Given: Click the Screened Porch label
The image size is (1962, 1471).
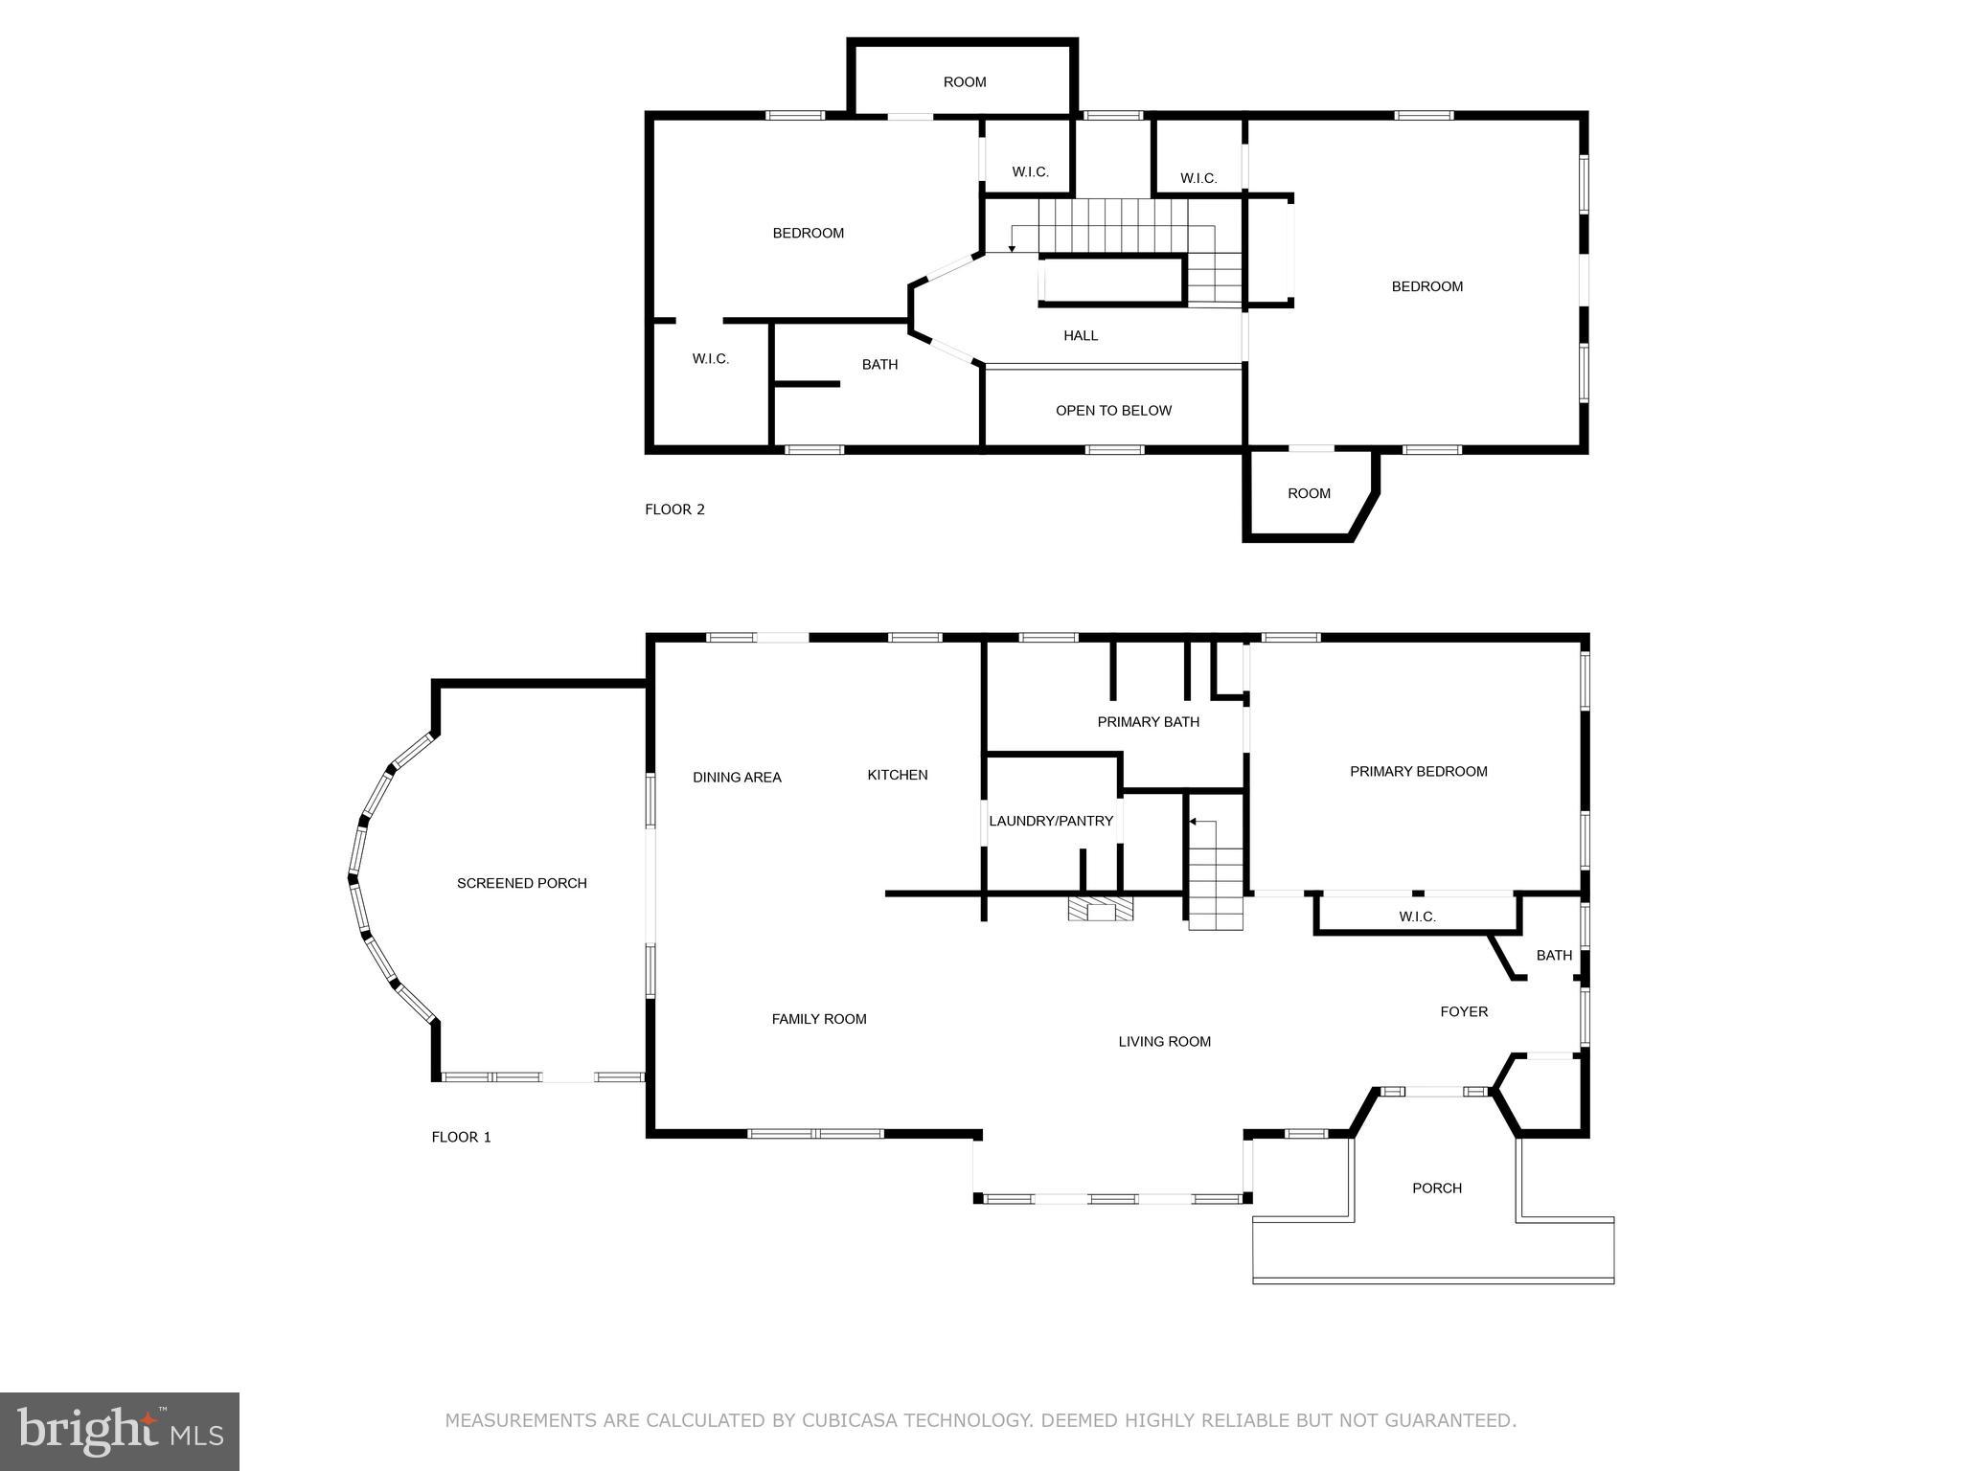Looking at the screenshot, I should click(x=521, y=883).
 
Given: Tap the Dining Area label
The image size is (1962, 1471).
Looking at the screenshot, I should click(x=737, y=778).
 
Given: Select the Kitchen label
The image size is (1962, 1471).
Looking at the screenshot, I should click(x=897, y=775).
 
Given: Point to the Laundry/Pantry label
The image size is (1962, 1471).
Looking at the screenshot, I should click(x=1051, y=821).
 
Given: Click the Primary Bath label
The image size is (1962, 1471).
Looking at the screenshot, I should click(x=1148, y=722).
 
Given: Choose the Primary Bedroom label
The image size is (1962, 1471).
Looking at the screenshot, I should click(x=1418, y=772).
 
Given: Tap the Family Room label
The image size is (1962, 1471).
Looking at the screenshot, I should click(x=819, y=1019).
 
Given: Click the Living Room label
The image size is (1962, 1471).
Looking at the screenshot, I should click(x=1164, y=1042).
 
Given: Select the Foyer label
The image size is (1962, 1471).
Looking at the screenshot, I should click(x=1464, y=1011).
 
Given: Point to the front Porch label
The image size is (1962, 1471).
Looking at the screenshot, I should click(x=1437, y=1188).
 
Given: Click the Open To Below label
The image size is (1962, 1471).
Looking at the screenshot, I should click(x=1113, y=411).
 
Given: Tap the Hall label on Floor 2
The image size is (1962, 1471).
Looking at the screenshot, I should click(x=1081, y=336).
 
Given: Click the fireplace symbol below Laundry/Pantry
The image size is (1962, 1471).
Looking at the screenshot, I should click(x=1101, y=908).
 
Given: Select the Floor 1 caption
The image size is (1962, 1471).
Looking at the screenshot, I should click(x=461, y=1138).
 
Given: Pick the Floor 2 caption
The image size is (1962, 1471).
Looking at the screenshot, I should click(x=674, y=509).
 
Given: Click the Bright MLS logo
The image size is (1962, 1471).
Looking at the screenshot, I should click(x=120, y=1432).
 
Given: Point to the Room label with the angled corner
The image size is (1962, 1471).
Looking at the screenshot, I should click(x=1309, y=494).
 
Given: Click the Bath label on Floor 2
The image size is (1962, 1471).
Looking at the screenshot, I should click(x=879, y=365).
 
